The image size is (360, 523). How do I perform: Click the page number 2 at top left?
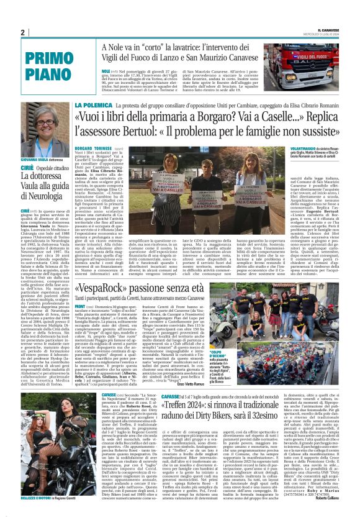point(22,33)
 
